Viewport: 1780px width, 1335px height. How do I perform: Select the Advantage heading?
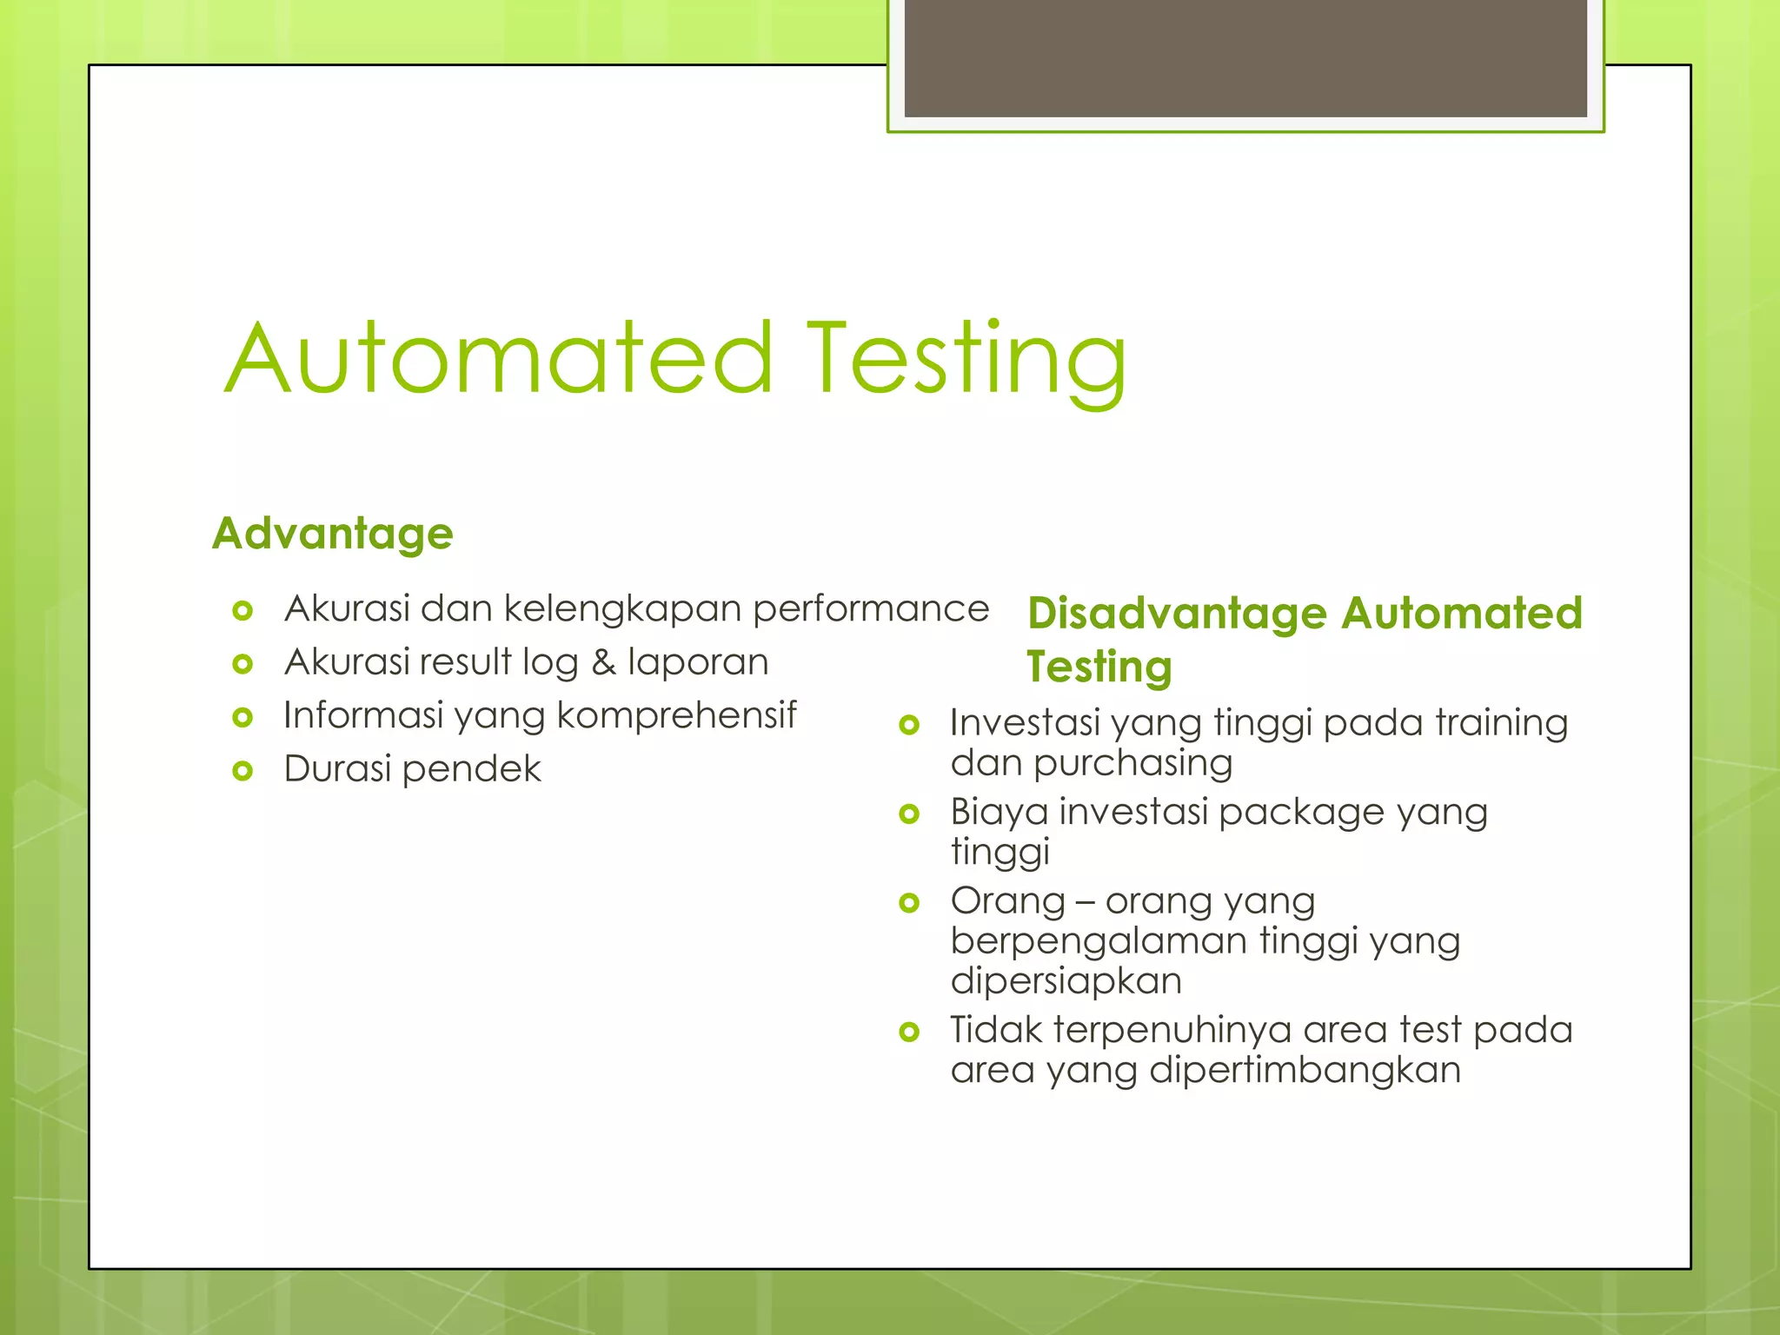333,533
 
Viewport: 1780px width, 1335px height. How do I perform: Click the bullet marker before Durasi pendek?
242,770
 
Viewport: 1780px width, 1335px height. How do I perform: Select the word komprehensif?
675,716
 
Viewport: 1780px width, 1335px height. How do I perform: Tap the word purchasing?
1132,763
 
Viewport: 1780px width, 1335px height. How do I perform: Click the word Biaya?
999,813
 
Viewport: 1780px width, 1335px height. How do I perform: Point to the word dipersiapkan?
1066,980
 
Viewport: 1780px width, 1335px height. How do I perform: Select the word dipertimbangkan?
1304,1070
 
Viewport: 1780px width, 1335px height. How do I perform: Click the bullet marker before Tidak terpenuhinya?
909,1032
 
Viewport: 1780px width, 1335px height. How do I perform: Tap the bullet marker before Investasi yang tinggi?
909,724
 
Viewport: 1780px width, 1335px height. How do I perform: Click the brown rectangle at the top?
1245,58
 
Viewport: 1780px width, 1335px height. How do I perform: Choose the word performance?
870,608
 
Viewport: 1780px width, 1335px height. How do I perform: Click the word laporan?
698,662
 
